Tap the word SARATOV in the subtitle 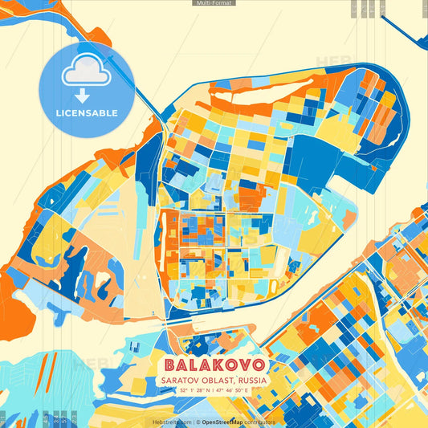tap(181, 378)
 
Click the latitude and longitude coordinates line tap(214, 389)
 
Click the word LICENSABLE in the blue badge tap(87, 113)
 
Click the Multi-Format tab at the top tap(214, 3)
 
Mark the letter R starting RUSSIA tap(234, 378)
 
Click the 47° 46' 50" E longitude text tap(233, 389)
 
